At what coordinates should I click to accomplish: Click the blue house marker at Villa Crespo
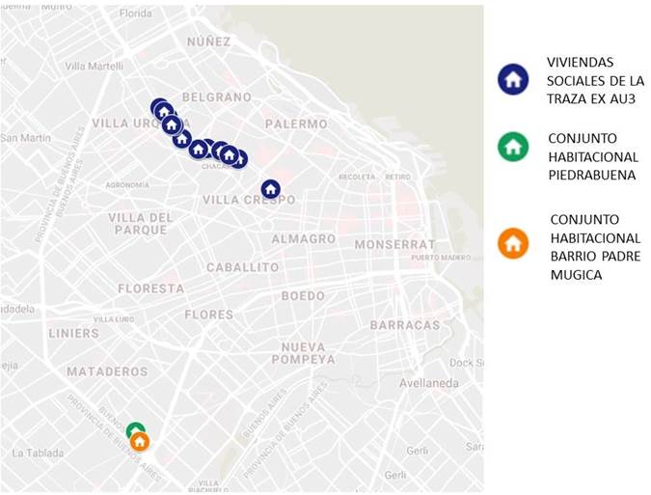pyautogui.click(x=271, y=189)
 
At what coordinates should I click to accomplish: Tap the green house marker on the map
pyautogui.click(x=135, y=430)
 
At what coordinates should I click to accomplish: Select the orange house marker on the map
pyautogui.click(x=140, y=442)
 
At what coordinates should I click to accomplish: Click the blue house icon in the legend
pyautogui.click(x=513, y=79)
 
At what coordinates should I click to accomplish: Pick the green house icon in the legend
pyautogui.click(x=513, y=147)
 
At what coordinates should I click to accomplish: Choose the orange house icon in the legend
pyautogui.click(x=513, y=243)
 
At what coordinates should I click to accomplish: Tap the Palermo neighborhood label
pyautogui.click(x=296, y=124)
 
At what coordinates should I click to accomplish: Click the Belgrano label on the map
pyautogui.click(x=216, y=97)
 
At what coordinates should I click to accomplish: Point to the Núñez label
pyautogui.click(x=209, y=41)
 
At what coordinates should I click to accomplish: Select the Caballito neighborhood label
pyautogui.click(x=242, y=267)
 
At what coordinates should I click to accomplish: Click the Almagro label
pyautogui.click(x=303, y=238)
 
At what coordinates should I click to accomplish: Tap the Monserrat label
pyautogui.click(x=394, y=245)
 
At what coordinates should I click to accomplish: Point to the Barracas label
pyautogui.click(x=405, y=325)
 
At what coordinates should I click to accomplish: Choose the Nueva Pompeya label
pyautogui.click(x=309, y=352)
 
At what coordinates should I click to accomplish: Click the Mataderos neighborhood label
pyautogui.click(x=107, y=371)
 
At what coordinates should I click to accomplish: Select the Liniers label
pyautogui.click(x=73, y=333)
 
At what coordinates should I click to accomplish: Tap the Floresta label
pyautogui.click(x=150, y=289)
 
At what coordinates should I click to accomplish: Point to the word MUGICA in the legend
pyautogui.click(x=575, y=275)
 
